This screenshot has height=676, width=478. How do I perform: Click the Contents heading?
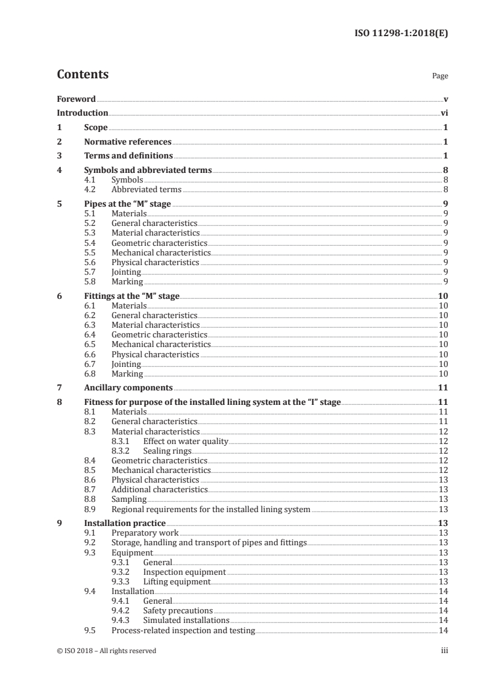click(x=83, y=75)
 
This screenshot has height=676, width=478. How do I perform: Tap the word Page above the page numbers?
click(x=440, y=77)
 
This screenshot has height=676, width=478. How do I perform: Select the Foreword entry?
click(x=76, y=98)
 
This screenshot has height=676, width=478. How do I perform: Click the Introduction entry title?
click(x=83, y=113)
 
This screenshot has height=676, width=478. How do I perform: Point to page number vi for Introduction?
click(x=444, y=113)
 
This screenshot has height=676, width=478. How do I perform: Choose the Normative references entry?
click(x=128, y=142)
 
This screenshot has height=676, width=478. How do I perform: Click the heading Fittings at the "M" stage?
click(x=132, y=296)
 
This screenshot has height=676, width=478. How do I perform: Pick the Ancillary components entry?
click(x=128, y=387)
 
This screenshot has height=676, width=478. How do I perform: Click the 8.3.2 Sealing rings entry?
click(x=167, y=450)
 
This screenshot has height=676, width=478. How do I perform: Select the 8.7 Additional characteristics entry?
click(x=160, y=490)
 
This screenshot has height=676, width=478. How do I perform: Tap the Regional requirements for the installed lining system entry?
click(x=211, y=509)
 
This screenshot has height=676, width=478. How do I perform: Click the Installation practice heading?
click(x=124, y=524)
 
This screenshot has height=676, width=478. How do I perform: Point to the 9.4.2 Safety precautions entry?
click(x=178, y=610)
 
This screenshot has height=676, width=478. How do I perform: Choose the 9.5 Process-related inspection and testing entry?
click(x=183, y=630)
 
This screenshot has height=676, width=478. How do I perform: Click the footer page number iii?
click(x=444, y=651)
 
